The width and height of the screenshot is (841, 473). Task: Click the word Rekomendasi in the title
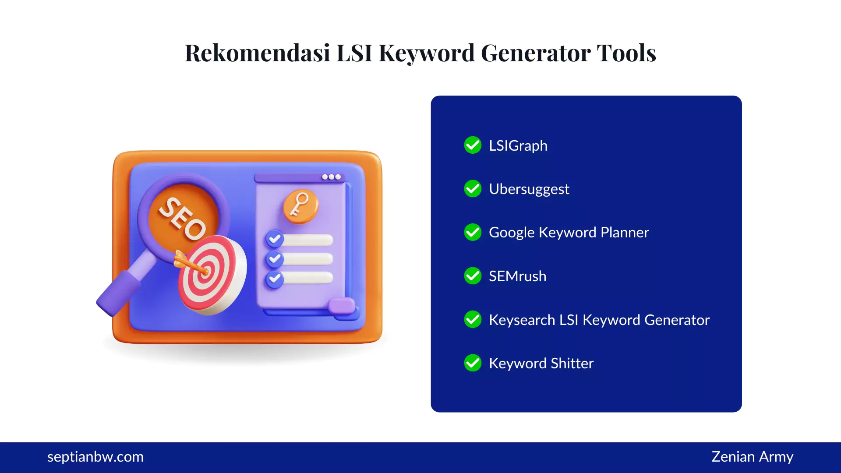(258, 53)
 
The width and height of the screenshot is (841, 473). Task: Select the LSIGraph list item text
(518, 145)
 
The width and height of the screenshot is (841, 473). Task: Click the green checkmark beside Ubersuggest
(473, 189)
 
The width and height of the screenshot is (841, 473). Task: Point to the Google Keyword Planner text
(569, 232)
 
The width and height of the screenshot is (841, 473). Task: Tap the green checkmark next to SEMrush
(473, 276)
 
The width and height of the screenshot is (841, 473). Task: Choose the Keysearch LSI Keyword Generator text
(599, 320)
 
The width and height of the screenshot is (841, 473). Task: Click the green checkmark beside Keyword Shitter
(473, 363)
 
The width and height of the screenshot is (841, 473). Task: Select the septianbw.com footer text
(95, 457)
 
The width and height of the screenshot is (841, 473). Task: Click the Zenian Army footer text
(752, 457)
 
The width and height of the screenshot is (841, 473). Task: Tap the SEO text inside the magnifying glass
(182, 218)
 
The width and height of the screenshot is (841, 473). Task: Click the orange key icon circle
(300, 205)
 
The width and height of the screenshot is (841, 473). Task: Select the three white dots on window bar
(331, 177)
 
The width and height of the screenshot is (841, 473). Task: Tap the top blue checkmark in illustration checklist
(275, 239)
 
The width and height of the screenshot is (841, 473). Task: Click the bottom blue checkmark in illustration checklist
(275, 279)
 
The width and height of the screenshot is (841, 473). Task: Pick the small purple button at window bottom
(342, 305)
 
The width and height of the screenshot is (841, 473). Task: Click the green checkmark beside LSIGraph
(473, 145)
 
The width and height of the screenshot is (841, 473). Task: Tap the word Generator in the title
(536, 53)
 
